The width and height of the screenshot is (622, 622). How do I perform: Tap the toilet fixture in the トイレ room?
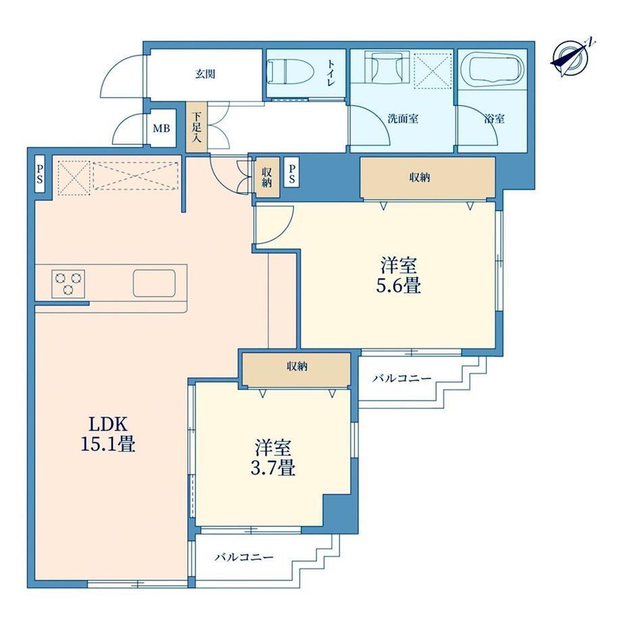(291, 72)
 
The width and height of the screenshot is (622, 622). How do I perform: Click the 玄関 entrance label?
(205, 74)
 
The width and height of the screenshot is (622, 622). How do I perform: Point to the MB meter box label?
(162, 128)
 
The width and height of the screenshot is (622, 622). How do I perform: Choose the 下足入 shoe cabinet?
(197, 127)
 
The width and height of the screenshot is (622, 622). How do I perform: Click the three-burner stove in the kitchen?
(68, 284)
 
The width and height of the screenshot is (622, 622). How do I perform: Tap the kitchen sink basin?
(154, 283)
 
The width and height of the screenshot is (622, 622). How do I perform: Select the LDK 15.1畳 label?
(108, 434)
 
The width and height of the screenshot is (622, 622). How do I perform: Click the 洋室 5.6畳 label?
(399, 275)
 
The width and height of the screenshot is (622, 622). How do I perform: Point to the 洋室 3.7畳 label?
(273, 458)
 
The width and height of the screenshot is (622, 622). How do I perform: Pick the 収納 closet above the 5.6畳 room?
(427, 177)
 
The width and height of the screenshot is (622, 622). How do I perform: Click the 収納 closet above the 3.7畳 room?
(296, 368)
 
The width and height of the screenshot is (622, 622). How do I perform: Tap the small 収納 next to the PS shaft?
(267, 177)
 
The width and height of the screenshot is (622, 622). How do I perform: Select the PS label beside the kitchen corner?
(40, 174)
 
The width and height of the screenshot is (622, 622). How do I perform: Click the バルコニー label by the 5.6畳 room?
(402, 379)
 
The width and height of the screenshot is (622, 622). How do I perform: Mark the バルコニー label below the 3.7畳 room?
(244, 557)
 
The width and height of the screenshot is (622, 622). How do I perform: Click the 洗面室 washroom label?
(403, 118)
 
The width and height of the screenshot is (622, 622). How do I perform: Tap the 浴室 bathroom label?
(494, 118)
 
